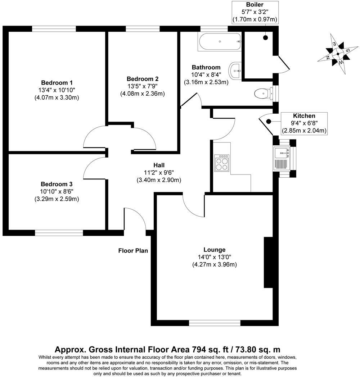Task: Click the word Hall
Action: tap(158, 165)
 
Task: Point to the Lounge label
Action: tap(214, 250)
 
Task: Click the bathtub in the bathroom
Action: tap(219, 42)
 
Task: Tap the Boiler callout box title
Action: tap(255, 5)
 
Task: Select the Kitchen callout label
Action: tap(304, 116)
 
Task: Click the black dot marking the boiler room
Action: tap(265, 37)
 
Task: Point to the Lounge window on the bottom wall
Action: tap(215, 323)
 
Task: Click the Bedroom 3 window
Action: tap(59, 232)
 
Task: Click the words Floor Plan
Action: tap(133, 251)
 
